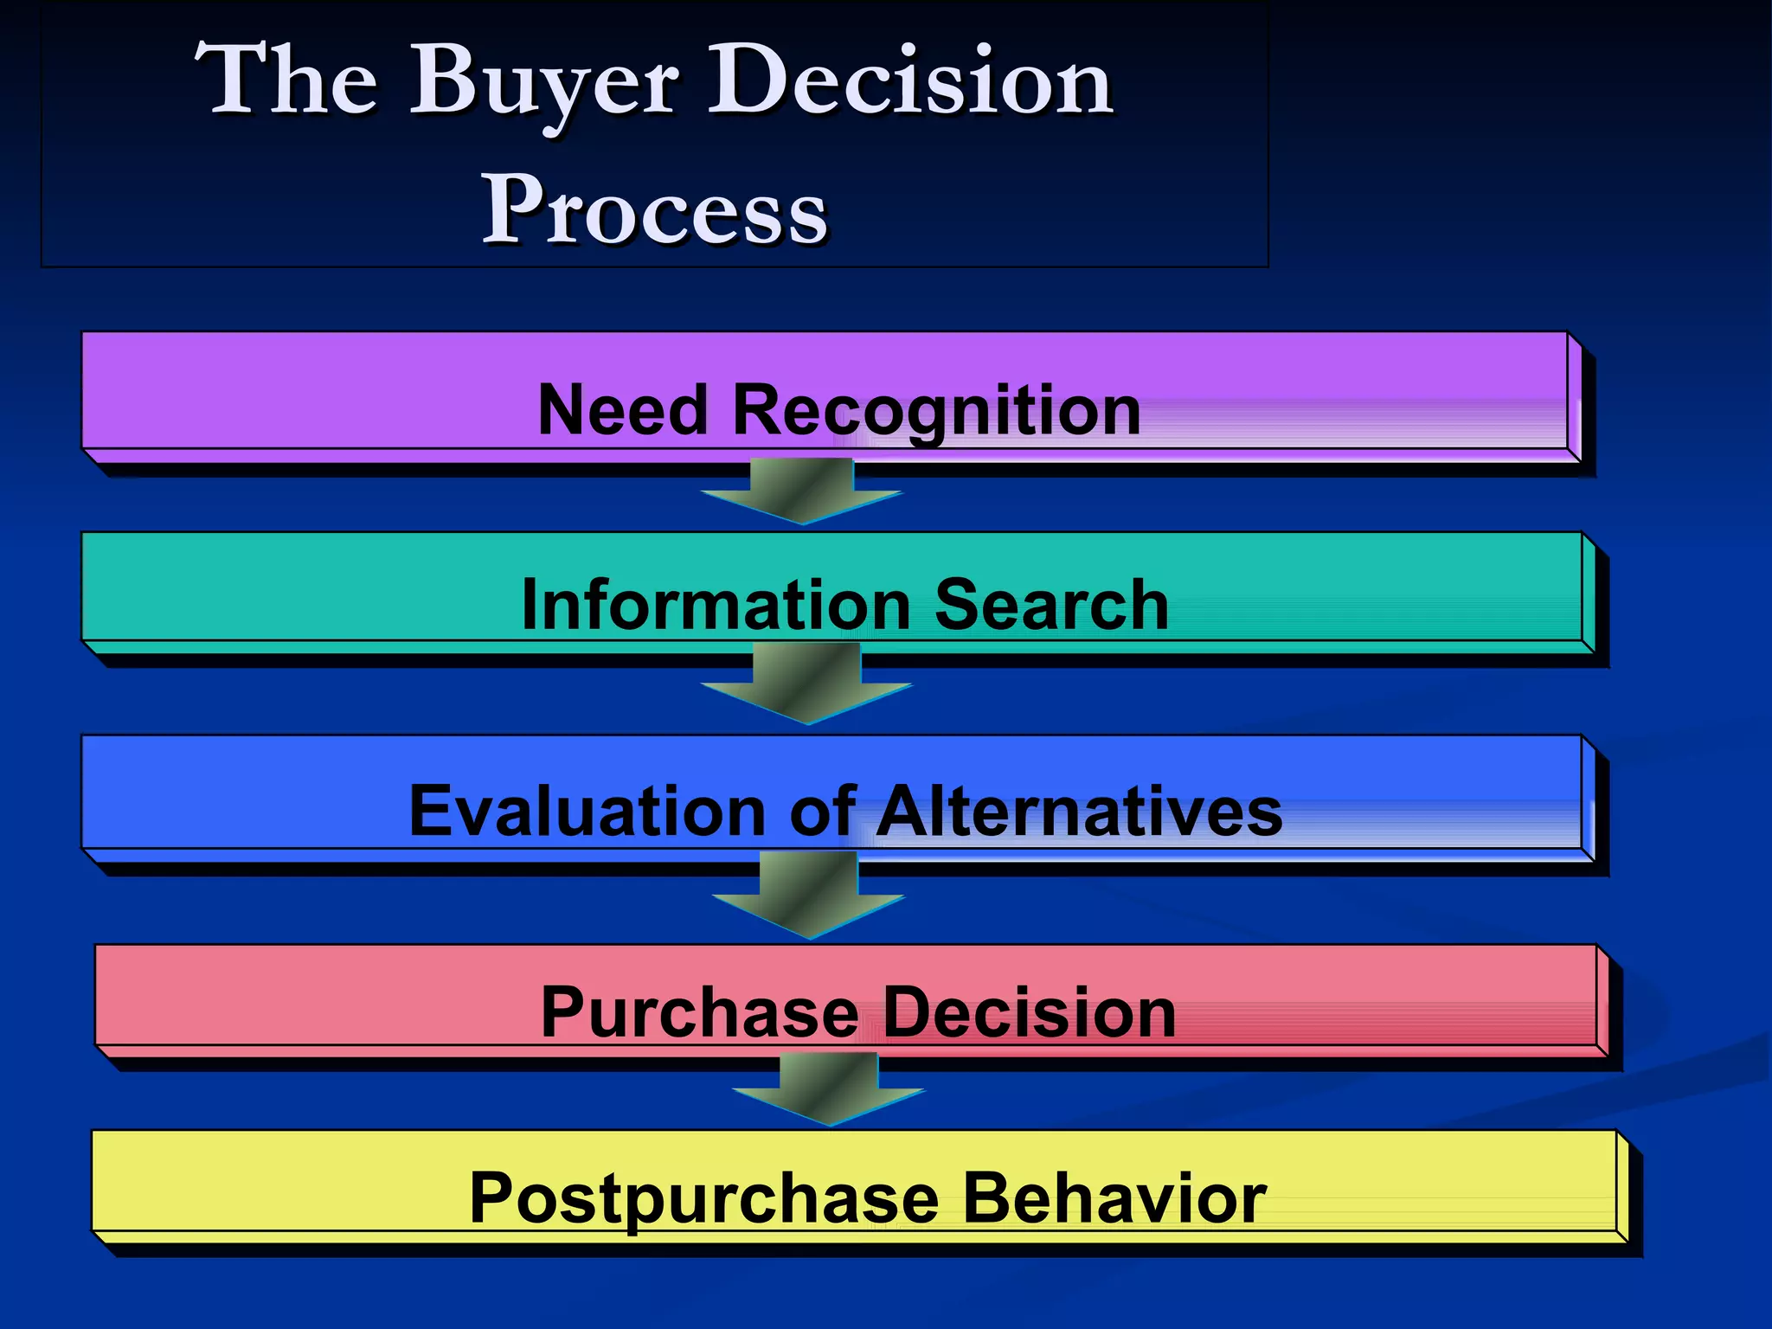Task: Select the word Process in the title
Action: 655,210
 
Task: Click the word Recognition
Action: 936,411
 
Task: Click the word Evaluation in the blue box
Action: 587,811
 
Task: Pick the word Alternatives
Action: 1079,811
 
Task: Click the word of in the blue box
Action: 823,811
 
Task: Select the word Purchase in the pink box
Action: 699,1011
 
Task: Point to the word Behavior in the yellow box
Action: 1114,1198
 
